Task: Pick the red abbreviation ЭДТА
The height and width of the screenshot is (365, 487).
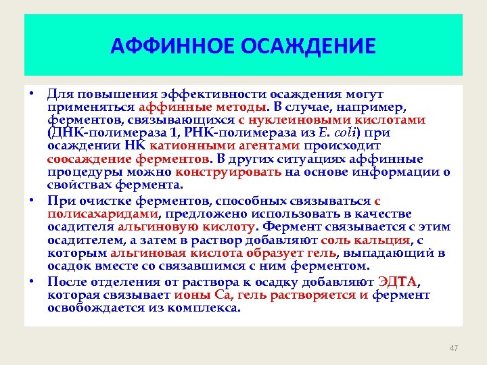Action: click(x=398, y=283)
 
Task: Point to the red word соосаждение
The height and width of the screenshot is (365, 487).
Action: click(x=85, y=159)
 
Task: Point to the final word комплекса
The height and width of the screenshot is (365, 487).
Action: click(x=211, y=308)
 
